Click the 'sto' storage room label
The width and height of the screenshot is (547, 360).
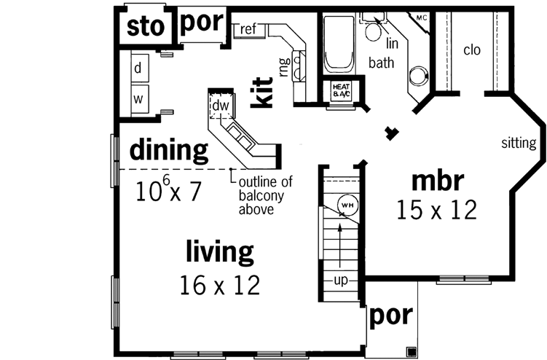click(144, 27)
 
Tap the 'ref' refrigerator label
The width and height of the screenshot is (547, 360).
click(248, 29)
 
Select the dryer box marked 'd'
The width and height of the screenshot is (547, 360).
click(138, 69)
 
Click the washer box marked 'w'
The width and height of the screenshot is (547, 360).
click(138, 97)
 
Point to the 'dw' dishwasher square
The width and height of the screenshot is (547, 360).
click(220, 106)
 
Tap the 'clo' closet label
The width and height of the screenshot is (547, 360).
click(473, 50)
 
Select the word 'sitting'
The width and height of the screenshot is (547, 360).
click(518, 143)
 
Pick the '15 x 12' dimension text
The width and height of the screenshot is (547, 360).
click(437, 210)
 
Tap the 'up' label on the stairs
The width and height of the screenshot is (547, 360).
click(340, 281)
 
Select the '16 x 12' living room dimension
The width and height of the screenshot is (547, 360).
click(219, 285)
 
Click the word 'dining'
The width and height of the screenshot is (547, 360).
click(169, 152)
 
